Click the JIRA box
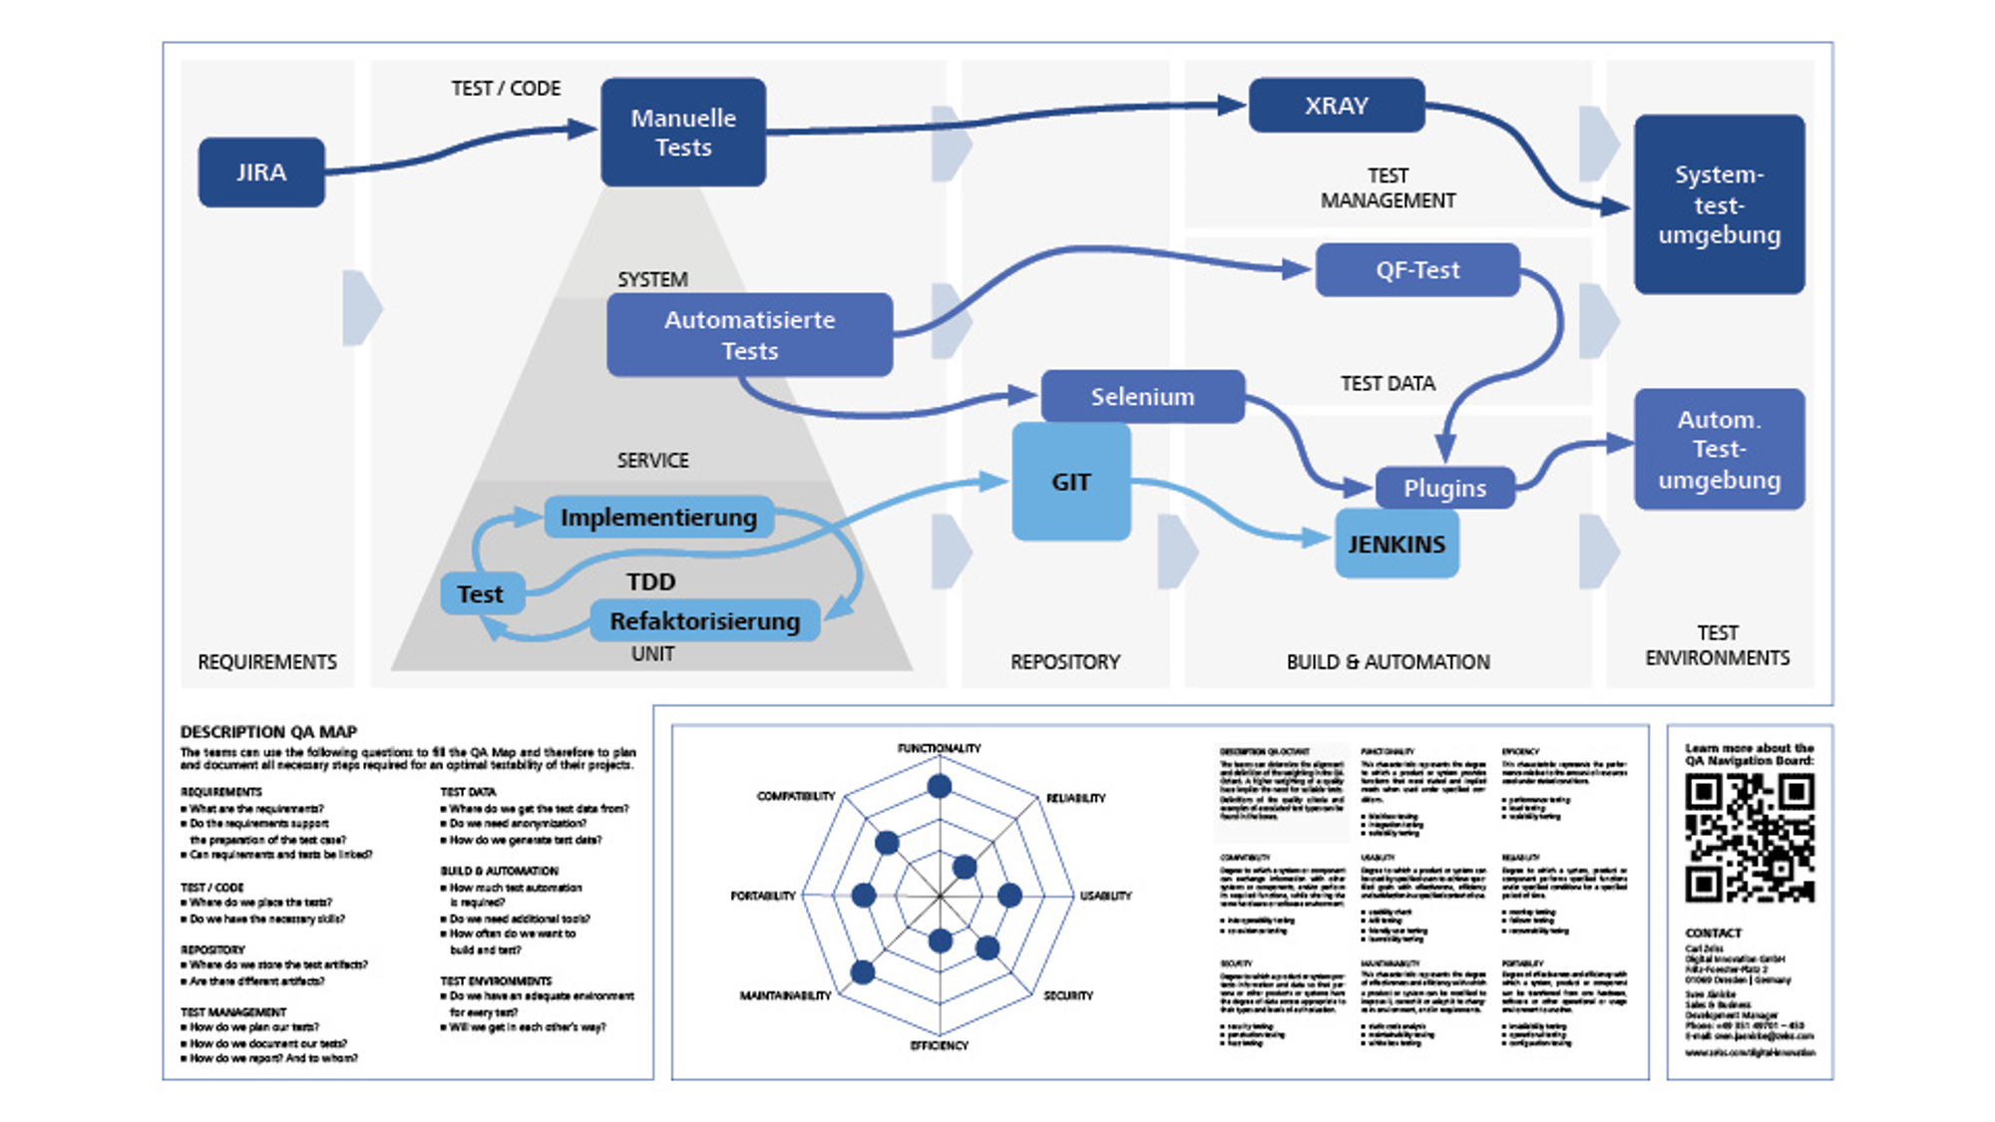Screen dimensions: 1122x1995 click(261, 173)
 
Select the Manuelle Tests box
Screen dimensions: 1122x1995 click(683, 133)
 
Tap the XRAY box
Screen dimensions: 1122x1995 click(1337, 106)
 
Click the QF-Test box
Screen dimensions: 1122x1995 click(1417, 270)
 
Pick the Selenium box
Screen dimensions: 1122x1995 click(1142, 397)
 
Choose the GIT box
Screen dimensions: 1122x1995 click(1070, 482)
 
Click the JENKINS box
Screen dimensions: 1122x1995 click(1396, 545)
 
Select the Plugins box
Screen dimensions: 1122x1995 click(1444, 489)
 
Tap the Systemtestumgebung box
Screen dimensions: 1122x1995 click(1719, 204)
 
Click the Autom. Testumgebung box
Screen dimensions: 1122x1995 click(1719, 450)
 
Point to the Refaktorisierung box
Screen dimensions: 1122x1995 click(704, 621)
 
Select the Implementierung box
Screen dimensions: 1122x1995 click(658, 518)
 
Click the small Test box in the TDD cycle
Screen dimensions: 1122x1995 click(482, 594)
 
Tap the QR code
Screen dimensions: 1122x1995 click(1750, 839)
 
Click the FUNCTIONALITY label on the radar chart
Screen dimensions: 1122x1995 click(939, 748)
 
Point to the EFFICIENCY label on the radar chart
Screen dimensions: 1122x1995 click(939, 1045)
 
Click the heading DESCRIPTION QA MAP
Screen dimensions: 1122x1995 click(268, 731)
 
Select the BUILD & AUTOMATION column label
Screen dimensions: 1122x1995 click(1388, 662)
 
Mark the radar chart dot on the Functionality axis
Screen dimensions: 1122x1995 click(939, 787)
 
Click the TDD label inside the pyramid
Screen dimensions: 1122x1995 click(650, 582)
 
